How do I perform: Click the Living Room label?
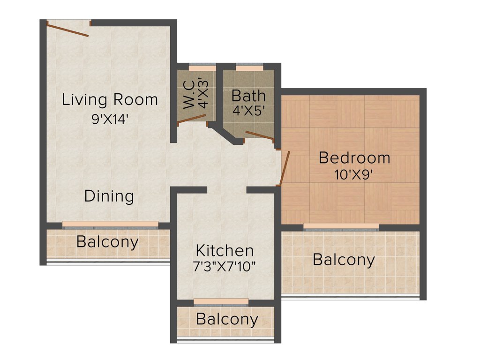(110, 100)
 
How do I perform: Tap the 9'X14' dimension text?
(110, 119)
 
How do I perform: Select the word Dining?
(109, 196)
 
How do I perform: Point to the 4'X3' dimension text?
(203, 93)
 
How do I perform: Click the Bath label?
(248, 96)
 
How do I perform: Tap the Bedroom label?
(354, 158)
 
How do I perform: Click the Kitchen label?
(225, 250)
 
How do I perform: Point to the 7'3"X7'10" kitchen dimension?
(225, 267)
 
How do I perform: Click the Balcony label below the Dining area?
(107, 242)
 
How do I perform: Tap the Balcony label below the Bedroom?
(344, 259)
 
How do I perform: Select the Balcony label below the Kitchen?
(227, 320)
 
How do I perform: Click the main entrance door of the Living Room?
(67, 29)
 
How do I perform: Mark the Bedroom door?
(285, 168)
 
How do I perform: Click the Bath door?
(259, 136)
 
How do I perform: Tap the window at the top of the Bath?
(249, 67)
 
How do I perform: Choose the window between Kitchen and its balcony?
(221, 301)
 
